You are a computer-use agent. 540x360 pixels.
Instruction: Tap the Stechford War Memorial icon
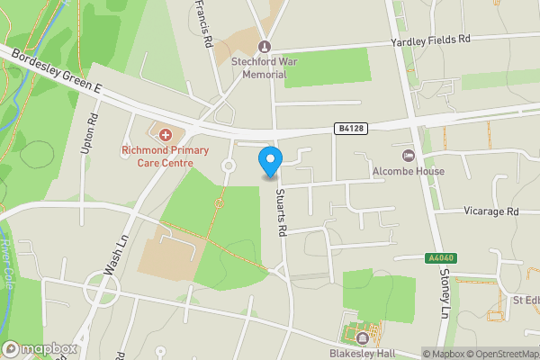264,47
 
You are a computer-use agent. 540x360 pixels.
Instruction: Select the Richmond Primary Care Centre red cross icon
165,134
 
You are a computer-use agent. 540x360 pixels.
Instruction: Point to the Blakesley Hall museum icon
362,338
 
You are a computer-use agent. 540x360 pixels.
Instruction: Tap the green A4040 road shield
440,258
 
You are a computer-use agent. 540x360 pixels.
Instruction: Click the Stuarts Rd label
282,213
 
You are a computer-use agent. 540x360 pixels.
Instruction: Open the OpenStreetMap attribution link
503,354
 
